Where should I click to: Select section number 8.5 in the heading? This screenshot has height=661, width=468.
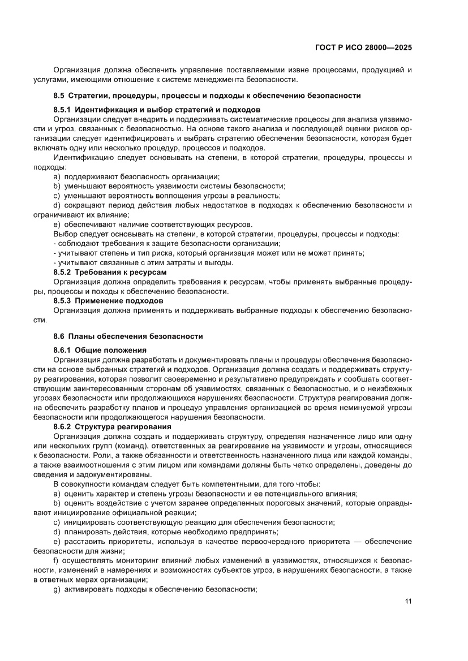[x=59, y=96]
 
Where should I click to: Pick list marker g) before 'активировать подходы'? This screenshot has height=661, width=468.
[x=57, y=589]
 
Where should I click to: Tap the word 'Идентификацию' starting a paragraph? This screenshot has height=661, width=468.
[x=81, y=157]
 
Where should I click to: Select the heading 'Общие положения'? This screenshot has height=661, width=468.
[x=110, y=350]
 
